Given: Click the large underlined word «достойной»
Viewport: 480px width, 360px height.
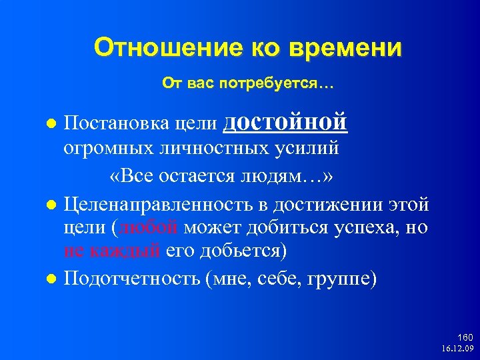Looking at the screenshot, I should (x=291, y=122).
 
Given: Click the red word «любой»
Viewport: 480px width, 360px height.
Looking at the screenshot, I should (x=149, y=227).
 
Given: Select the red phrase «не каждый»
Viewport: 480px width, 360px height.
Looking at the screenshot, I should (x=112, y=251).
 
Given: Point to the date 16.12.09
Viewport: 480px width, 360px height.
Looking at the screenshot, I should (x=457, y=349).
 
